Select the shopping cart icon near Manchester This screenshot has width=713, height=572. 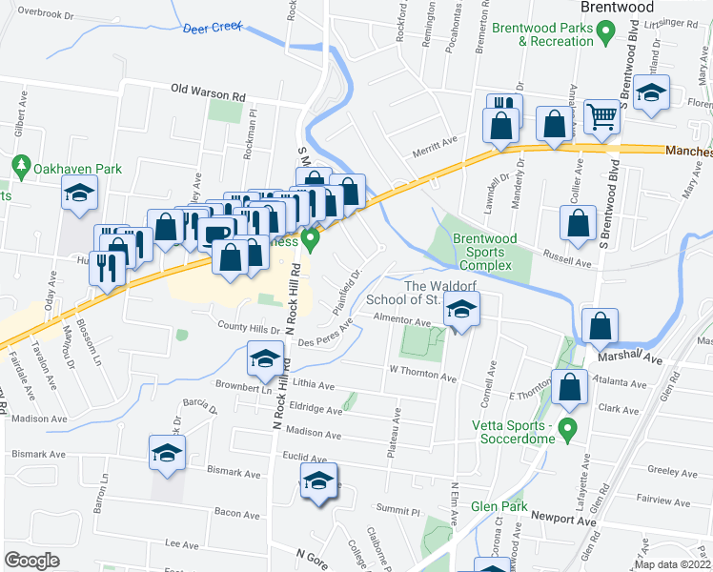[x=601, y=118]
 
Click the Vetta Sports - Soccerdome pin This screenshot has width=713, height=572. [x=569, y=430]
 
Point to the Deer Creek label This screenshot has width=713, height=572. [x=213, y=28]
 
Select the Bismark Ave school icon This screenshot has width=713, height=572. [x=166, y=452]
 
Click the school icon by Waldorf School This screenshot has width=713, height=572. [x=461, y=310]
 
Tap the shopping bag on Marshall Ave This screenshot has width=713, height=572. [x=600, y=326]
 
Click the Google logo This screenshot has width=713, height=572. [x=31, y=560]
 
